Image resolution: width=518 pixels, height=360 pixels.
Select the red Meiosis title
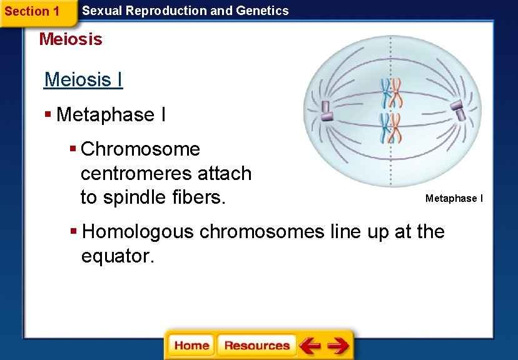pos(70,39)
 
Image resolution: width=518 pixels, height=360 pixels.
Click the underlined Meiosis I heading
pos(83,80)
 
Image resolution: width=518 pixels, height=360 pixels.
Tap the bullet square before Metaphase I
pos(48,114)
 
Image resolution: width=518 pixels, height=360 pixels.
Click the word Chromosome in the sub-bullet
pos(140,149)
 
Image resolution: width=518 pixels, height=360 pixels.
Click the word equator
pos(117,256)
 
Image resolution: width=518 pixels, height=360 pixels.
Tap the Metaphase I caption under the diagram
pos(454,198)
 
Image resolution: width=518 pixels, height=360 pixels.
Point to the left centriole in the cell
pos(325,110)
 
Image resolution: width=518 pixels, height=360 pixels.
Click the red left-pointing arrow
pos(310,345)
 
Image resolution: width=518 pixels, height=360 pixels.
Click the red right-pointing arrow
pos(338,345)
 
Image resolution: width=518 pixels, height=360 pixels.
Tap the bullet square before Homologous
pos(73,232)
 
